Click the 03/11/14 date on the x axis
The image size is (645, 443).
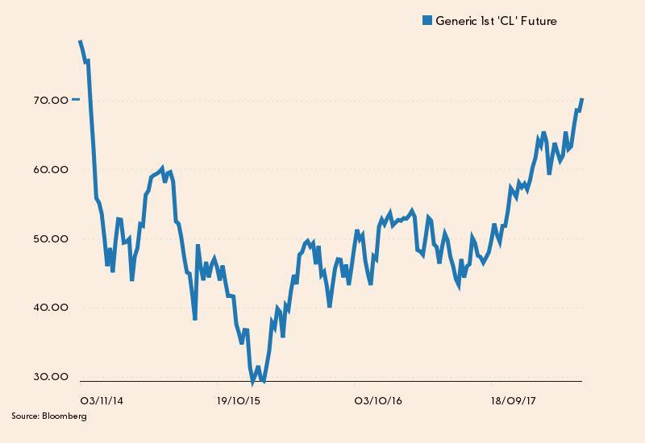pyautogui.click(x=102, y=400)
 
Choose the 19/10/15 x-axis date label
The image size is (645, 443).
pyautogui.click(x=240, y=400)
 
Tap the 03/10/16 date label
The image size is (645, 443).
pyautogui.click(x=378, y=400)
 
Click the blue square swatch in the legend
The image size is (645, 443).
pyautogui.click(x=427, y=21)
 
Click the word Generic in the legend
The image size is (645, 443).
pyautogui.click(x=456, y=21)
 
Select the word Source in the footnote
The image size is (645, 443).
pyautogui.click(x=24, y=416)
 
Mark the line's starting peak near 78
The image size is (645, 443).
pyautogui.click(x=80, y=41)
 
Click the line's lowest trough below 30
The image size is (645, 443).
pyautogui.click(x=252, y=382)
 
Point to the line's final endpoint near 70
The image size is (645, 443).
pyautogui.click(x=581, y=99)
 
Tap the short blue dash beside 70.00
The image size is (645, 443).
pyautogui.click(x=76, y=99)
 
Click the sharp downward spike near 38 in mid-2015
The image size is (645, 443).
pyautogui.click(x=195, y=318)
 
